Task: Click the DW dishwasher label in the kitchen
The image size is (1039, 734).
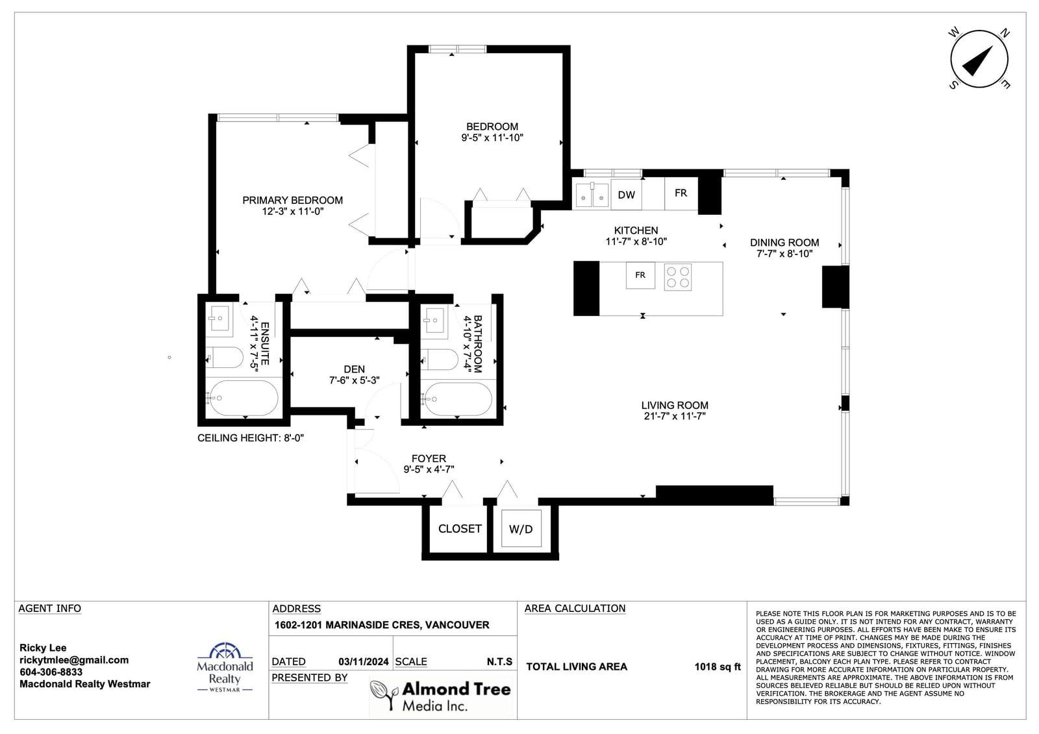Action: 626,195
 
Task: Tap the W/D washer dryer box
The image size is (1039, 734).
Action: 521,528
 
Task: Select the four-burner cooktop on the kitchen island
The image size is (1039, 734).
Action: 678,277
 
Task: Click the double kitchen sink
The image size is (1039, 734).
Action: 592,195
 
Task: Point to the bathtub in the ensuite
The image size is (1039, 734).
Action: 242,398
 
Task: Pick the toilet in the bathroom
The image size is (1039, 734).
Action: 439,360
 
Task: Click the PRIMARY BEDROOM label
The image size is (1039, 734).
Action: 292,201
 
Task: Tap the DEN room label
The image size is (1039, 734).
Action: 354,369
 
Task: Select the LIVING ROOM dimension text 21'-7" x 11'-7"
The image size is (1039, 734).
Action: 675,416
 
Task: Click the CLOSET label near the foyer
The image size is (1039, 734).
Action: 460,528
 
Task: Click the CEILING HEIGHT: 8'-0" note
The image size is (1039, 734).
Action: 251,437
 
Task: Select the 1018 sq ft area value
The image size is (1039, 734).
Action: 717,667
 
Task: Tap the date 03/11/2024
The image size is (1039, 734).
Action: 363,662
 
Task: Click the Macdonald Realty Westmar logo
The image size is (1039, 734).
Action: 225,667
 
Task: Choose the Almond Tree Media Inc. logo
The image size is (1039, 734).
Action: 440,696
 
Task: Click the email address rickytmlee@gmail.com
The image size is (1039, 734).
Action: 74,660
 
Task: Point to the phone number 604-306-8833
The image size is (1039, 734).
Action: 51,672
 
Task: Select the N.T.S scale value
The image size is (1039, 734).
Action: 499,662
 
